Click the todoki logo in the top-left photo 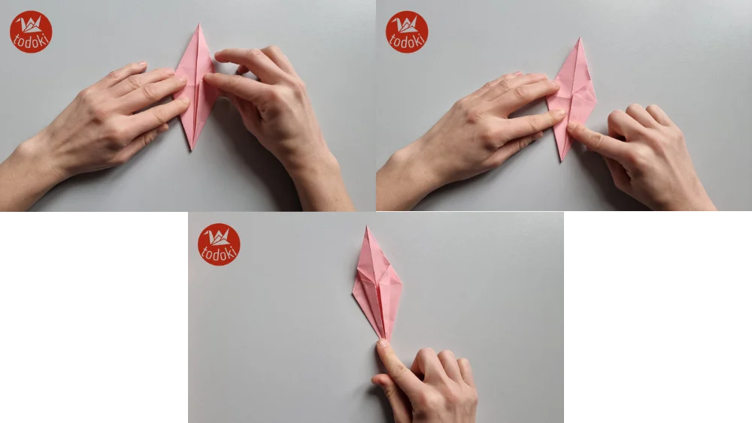click(31, 32)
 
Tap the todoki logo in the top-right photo click(407, 32)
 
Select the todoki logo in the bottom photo click(219, 244)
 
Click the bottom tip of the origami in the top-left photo click(193, 149)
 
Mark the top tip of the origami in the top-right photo click(579, 39)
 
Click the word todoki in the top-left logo click(31, 41)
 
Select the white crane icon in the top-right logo click(407, 24)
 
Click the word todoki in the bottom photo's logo click(219, 253)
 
